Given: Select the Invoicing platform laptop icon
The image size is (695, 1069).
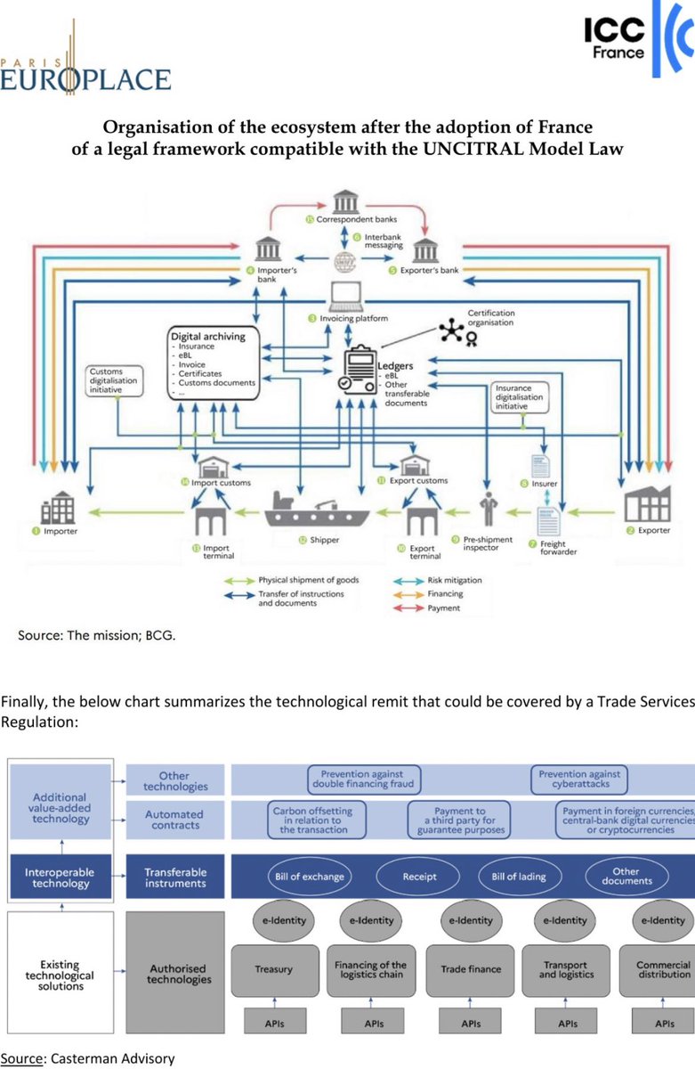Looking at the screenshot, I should coord(343,296).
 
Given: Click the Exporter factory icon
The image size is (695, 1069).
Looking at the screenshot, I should coord(646,505).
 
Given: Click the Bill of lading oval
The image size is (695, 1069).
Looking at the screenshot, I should coord(516,877).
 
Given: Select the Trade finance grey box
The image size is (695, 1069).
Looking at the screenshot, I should coord(471,968).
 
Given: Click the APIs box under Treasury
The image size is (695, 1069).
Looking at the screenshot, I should coord(275,1024).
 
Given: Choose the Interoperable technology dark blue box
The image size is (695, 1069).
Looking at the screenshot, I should coord(61,877).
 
